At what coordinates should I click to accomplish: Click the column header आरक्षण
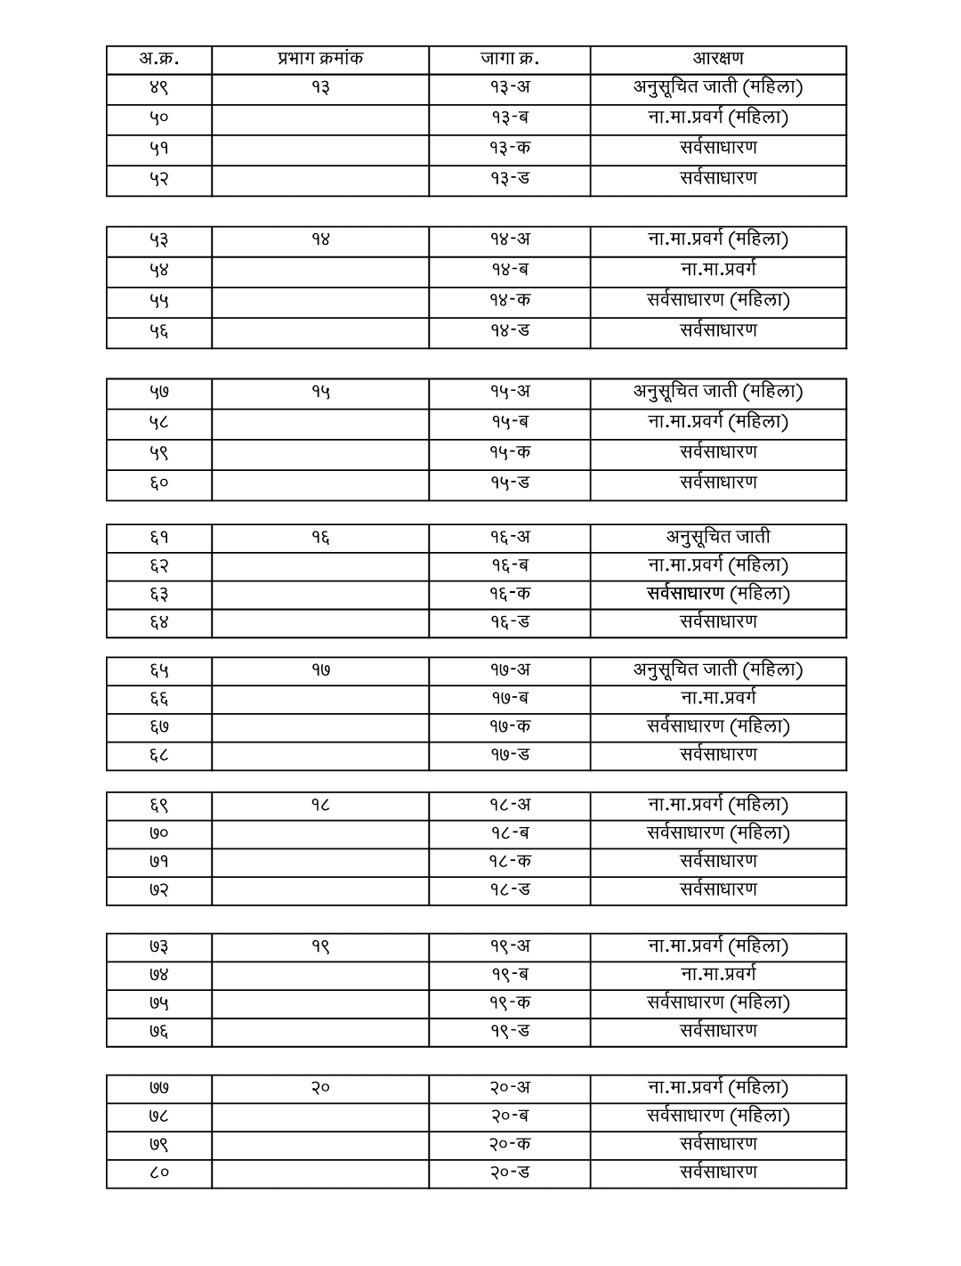point(718,60)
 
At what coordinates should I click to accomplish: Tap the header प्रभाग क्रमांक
point(320,60)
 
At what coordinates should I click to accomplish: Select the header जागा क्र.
point(510,60)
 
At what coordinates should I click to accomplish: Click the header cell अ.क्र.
point(159,60)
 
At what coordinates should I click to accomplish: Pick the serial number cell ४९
point(159,88)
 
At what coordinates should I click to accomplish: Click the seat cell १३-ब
point(510,118)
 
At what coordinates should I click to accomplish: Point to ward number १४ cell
point(320,240)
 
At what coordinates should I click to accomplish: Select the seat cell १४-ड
point(510,331)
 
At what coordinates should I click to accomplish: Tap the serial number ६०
point(159,483)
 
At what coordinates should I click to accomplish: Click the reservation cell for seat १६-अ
point(718,538)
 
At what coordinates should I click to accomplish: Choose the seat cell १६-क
point(510,594)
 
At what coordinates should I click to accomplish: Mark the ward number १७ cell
point(320,670)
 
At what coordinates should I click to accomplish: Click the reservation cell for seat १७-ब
point(718,699)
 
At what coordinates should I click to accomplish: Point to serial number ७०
point(159,834)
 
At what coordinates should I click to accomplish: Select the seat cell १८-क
point(510,862)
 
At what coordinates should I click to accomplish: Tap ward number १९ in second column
point(320,947)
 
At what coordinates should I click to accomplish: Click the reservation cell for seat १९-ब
point(718,975)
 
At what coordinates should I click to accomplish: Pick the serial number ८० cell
point(159,1173)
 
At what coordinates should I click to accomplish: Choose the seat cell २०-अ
point(510,1088)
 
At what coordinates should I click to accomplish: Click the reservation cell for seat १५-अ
point(718,393)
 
